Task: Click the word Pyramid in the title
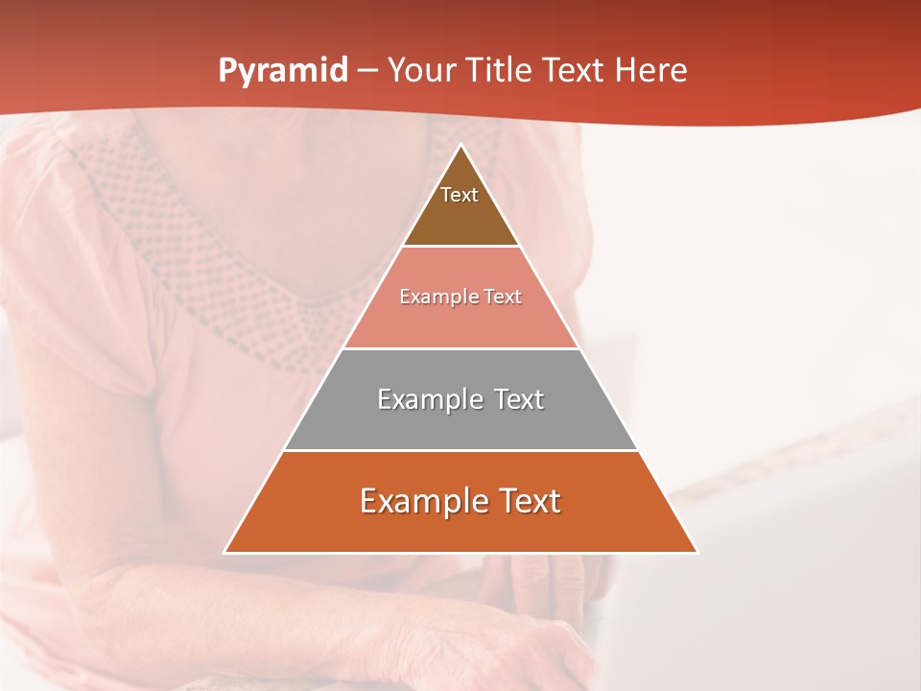pos(282,71)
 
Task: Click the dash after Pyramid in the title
pos(367,71)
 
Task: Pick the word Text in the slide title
pos(575,71)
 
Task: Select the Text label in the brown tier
pos(460,195)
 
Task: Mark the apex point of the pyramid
pos(460,145)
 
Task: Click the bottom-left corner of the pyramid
pos(224,552)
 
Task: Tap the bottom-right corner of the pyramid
pos(697,552)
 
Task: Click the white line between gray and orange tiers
pos(460,450)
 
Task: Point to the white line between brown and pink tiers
pos(460,247)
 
